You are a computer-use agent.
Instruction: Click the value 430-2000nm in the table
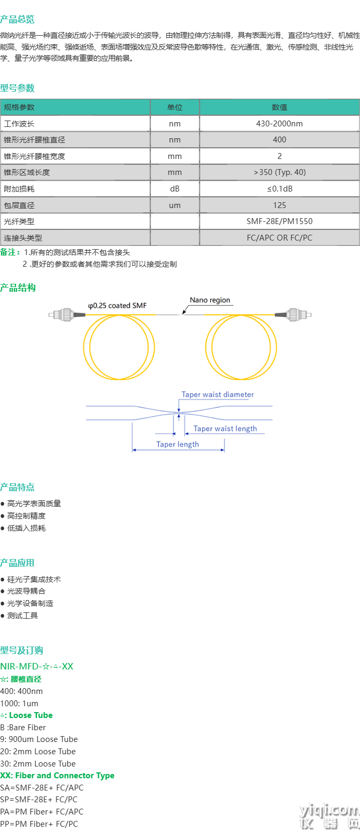279,124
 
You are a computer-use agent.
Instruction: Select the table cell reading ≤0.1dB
279,189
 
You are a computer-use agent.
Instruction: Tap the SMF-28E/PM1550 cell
279,221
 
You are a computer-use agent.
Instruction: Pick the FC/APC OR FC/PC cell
279,238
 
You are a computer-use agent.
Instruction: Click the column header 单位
175,107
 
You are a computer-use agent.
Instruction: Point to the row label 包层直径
19,205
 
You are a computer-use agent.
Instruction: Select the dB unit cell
175,189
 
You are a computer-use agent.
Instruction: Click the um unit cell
175,205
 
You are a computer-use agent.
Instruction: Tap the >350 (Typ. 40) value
279,172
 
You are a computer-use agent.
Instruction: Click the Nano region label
210,300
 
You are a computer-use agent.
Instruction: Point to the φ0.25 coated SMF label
117,306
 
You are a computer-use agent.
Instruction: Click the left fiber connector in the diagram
67,315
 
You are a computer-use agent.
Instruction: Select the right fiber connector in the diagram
293,315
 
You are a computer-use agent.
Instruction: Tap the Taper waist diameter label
218,395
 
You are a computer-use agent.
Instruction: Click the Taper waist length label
225,429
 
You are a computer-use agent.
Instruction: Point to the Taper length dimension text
178,444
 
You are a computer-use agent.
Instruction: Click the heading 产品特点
18,487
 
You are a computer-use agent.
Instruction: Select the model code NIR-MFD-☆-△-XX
37,666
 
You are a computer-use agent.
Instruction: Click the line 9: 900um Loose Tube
39,739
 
